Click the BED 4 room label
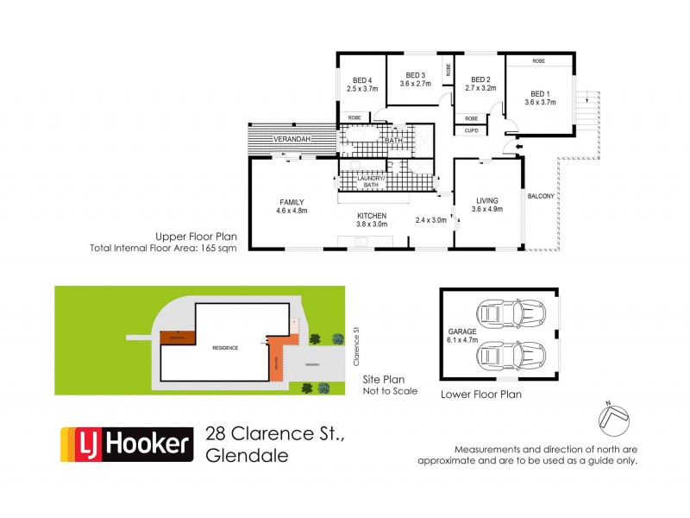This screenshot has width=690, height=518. (362, 79)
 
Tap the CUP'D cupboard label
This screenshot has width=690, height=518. (471, 130)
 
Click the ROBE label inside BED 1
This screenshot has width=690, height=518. (538, 61)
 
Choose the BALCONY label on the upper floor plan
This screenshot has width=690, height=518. (542, 196)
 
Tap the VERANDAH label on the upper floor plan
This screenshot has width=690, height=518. (292, 139)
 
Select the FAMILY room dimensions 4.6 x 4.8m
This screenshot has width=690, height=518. (292, 210)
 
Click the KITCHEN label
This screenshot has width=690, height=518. (373, 215)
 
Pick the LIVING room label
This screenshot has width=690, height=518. (487, 200)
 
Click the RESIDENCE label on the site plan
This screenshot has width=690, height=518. (225, 346)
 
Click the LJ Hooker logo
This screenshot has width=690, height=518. (124, 444)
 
